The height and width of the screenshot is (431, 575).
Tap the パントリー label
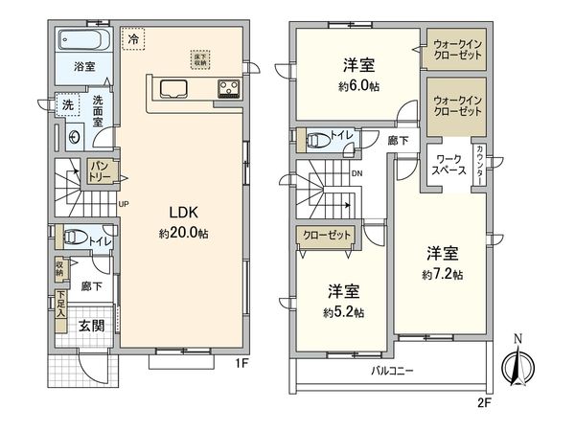102,172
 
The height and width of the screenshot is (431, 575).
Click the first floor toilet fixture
74,237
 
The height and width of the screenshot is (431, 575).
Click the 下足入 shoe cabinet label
60,304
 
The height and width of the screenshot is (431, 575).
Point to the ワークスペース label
450,164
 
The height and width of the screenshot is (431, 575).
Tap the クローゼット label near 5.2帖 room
325,235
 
